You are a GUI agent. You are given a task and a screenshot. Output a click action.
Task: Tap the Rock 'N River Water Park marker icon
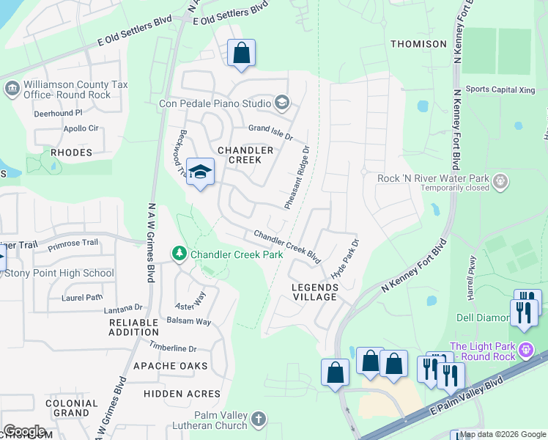pos(500,180)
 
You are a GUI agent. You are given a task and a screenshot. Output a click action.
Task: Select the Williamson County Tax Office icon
pos(12,89)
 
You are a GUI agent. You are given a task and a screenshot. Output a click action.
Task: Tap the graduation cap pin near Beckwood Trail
pos(200,173)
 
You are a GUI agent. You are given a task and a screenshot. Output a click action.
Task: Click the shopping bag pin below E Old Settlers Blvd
pos(241,54)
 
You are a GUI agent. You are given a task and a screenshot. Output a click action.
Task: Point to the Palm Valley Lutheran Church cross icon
pos(257,419)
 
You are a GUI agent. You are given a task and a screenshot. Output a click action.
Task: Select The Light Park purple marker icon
pos(525,351)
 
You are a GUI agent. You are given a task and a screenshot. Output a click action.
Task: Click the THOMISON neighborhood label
pos(418,44)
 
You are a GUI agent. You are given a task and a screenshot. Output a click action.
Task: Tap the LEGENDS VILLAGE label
pos(314,292)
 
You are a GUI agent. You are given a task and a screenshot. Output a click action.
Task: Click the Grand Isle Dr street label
pos(270,132)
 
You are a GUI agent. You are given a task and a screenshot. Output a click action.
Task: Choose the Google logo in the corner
pos(23,431)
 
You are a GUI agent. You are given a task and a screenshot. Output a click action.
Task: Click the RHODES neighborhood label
pos(71,153)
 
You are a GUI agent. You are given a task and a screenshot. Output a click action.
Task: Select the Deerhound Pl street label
pos(58,113)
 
